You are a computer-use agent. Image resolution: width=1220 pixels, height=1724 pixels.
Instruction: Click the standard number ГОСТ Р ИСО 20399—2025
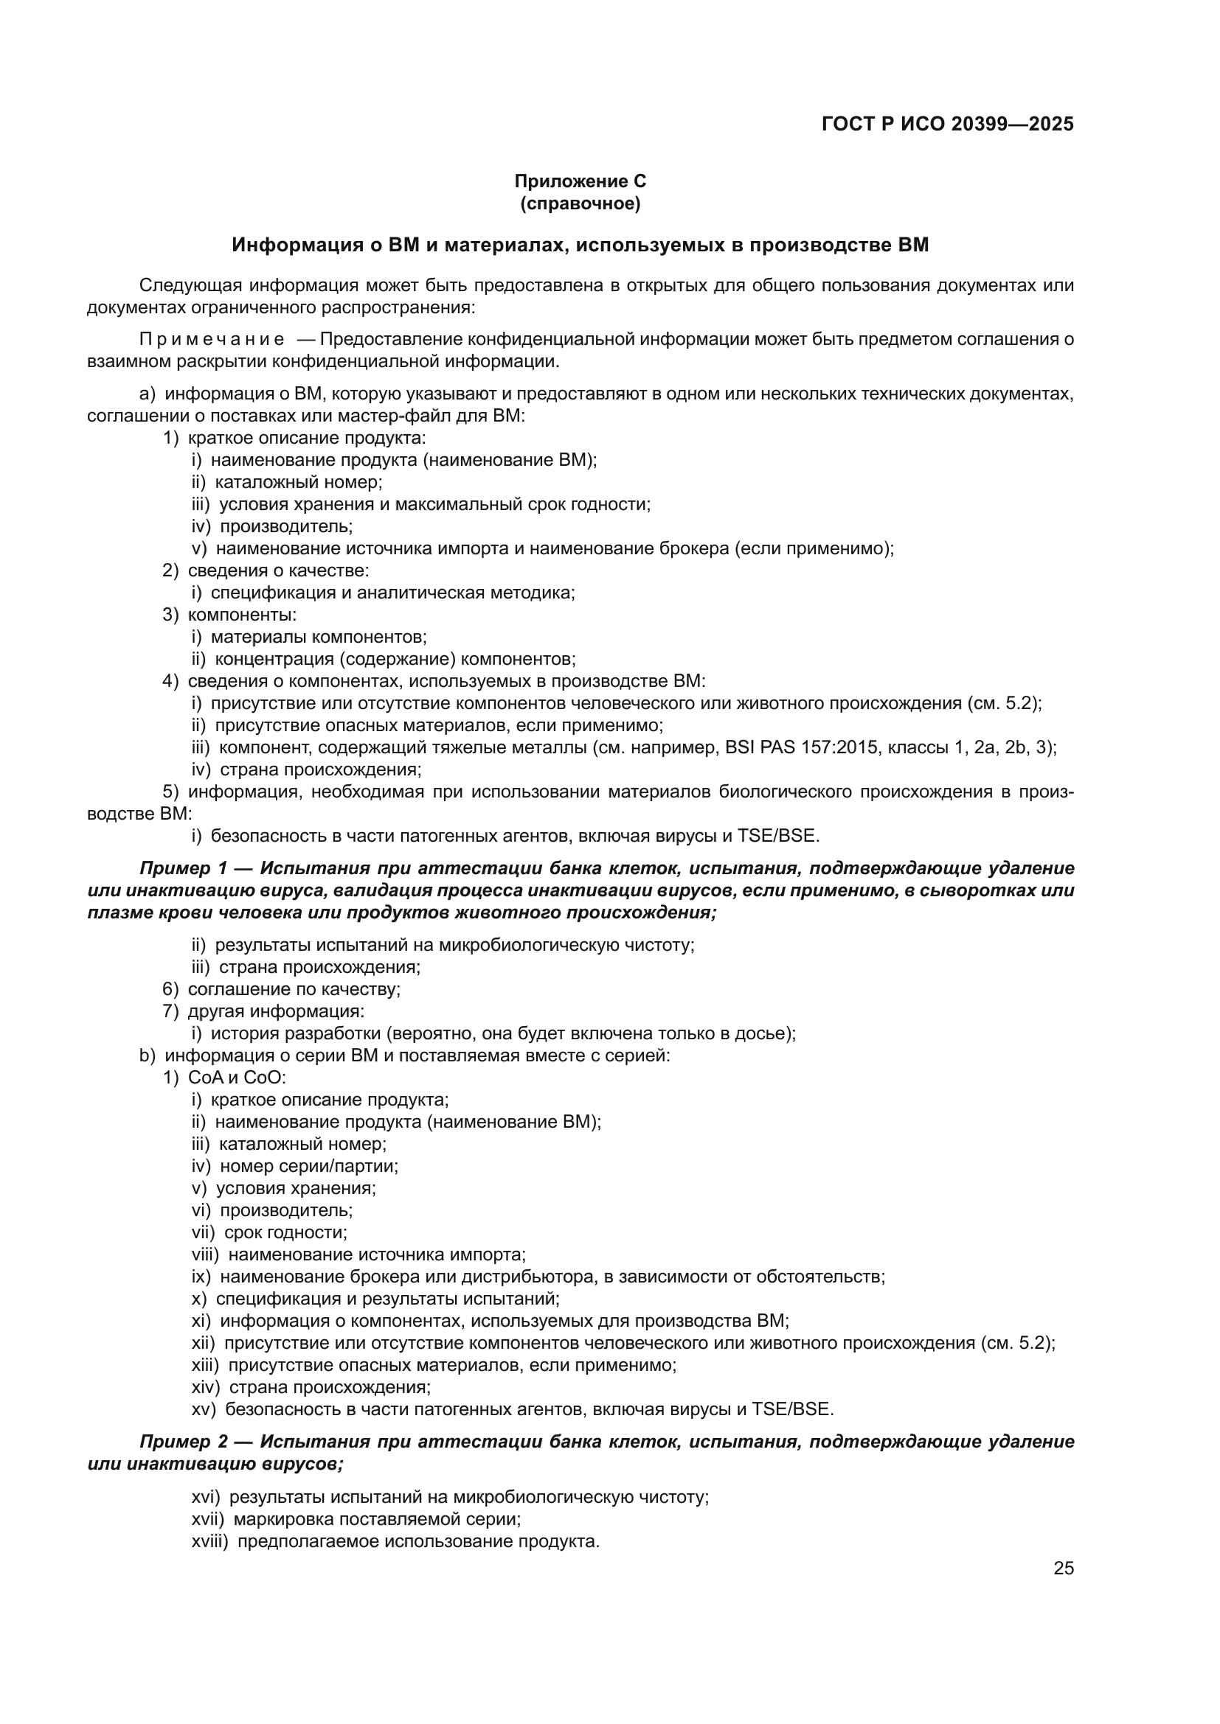[x=947, y=124]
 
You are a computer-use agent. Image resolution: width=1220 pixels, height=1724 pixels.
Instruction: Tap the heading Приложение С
[x=580, y=181]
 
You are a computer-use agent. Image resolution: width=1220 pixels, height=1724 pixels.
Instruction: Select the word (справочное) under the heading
[x=580, y=203]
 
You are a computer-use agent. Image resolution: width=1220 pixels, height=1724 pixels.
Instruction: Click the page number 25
[x=1063, y=1568]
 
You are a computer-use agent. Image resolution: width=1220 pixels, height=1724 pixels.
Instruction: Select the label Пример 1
[x=184, y=869]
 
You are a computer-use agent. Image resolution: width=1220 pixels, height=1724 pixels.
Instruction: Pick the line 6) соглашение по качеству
[x=282, y=989]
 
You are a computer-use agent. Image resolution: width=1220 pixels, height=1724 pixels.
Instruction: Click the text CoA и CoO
[x=236, y=1078]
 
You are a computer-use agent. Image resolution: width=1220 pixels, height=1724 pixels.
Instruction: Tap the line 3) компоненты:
[x=230, y=614]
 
